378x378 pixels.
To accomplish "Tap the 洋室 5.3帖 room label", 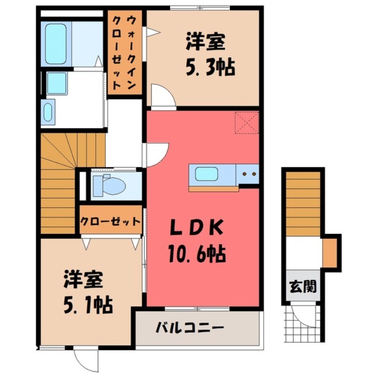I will tap(205, 55).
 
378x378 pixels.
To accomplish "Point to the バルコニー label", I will tap(189, 327).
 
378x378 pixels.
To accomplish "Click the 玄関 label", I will tap(303, 286).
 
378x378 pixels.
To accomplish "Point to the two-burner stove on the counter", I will tap(249, 174).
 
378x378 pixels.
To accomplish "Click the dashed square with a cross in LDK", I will tap(247, 122).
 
